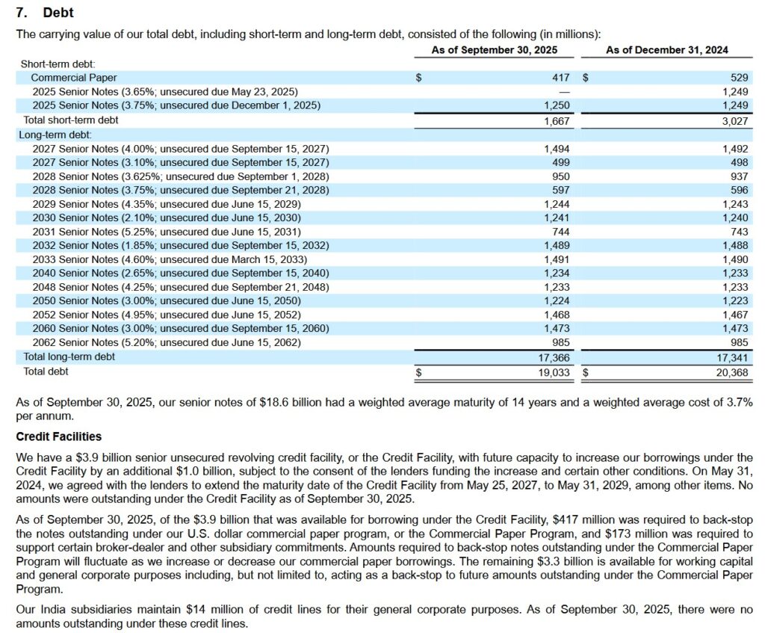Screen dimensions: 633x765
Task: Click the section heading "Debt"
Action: coord(58,13)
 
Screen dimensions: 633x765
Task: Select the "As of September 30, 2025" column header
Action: coord(494,50)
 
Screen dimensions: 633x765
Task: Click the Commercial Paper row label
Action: coord(74,78)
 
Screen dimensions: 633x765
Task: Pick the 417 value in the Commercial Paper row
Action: coord(560,78)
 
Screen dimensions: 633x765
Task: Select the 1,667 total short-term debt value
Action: coord(557,120)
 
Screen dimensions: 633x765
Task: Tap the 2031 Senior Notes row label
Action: coord(167,232)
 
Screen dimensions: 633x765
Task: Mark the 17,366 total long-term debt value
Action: coord(554,357)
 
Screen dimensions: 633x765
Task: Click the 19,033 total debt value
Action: coord(554,371)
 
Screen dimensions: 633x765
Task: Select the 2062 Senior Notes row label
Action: coord(167,343)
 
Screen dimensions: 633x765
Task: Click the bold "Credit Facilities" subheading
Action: coord(59,436)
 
